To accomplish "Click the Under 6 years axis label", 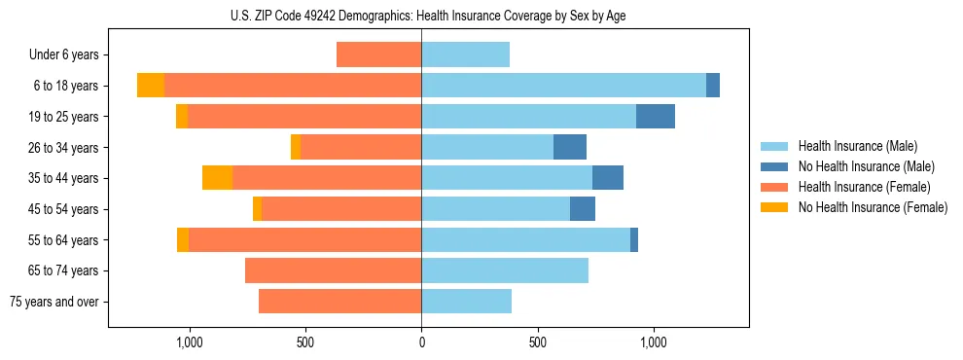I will click(x=63, y=54).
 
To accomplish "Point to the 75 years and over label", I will click(x=53, y=302).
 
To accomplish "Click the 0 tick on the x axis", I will click(x=421, y=342).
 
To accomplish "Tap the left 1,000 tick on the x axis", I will click(x=189, y=342).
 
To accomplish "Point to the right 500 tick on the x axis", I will click(x=537, y=342).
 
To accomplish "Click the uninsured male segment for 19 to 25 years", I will click(x=656, y=117).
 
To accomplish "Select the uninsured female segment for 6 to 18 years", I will click(x=151, y=86).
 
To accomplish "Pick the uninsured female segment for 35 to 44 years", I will click(x=217, y=178).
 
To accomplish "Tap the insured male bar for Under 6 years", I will click(x=465, y=54).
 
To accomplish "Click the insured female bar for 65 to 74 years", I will click(x=333, y=270).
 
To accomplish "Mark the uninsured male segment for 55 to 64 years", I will click(x=634, y=239).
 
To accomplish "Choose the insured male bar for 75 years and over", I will click(x=466, y=302).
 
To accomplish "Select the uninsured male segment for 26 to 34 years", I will click(x=570, y=147).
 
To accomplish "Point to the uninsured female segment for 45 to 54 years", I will click(x=257, y=209).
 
